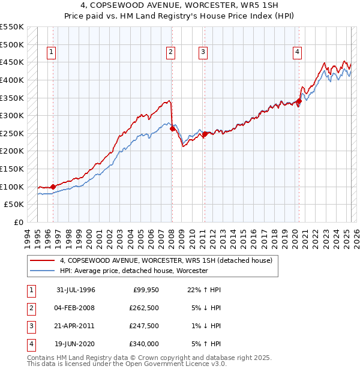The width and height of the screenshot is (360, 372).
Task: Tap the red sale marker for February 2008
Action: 173,128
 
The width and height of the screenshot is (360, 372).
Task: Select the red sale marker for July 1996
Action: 53,187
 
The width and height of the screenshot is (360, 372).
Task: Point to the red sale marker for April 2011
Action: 205,134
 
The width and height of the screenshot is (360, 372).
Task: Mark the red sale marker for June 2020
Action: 299,101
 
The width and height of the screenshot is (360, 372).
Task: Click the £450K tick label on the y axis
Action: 11,62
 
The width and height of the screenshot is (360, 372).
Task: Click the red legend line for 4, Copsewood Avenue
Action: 42,260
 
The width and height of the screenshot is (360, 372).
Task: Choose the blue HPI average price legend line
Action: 42,271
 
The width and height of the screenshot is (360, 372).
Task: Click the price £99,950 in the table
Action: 143,290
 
